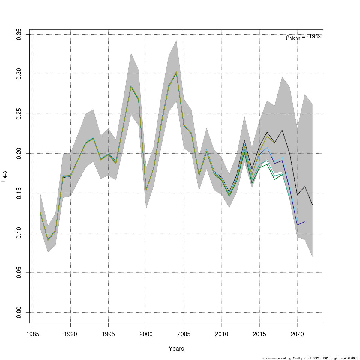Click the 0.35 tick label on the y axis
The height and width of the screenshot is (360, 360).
[19, 34]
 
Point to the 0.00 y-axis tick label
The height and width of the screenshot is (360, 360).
[19, 312]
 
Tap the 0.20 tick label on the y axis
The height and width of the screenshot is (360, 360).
[19, 153]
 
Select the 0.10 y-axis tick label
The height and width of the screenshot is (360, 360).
[19, 233]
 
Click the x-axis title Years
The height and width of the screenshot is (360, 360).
[176, 349]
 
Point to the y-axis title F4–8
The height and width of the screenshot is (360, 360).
[4, 176]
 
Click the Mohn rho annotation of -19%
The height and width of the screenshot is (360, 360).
[303, 37]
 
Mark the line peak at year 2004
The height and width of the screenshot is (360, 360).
[176, 72]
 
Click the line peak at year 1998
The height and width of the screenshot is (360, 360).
[131, 86]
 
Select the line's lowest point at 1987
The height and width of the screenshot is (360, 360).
[48, 240]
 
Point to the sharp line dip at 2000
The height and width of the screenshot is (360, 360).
[146, 190]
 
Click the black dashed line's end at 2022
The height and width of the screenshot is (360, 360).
[312, 205]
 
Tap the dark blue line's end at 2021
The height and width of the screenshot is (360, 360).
[305, 222]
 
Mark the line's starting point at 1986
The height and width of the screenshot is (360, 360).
[40, 213]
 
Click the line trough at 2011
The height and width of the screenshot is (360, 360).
[229, 196]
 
